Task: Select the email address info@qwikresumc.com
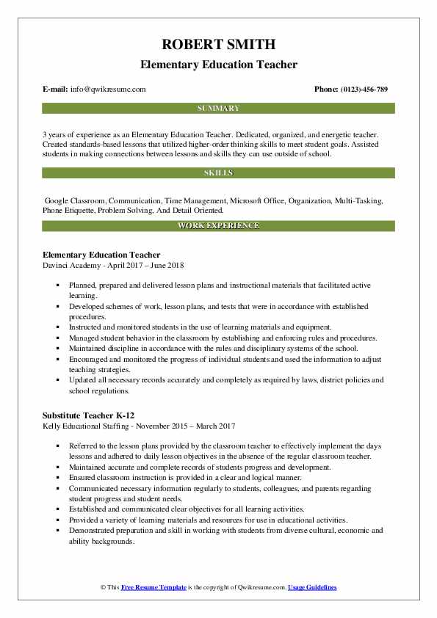coord(109,90)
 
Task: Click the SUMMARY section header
coord(218,109)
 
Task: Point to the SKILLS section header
coord(218,173)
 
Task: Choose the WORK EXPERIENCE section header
coord(218,226)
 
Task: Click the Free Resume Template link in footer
coord(155,588)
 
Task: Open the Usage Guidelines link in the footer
coord(312,588)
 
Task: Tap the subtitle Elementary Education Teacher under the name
coord(218,65)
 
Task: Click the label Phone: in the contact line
coord(326,90)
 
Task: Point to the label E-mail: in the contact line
coord(56,90)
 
